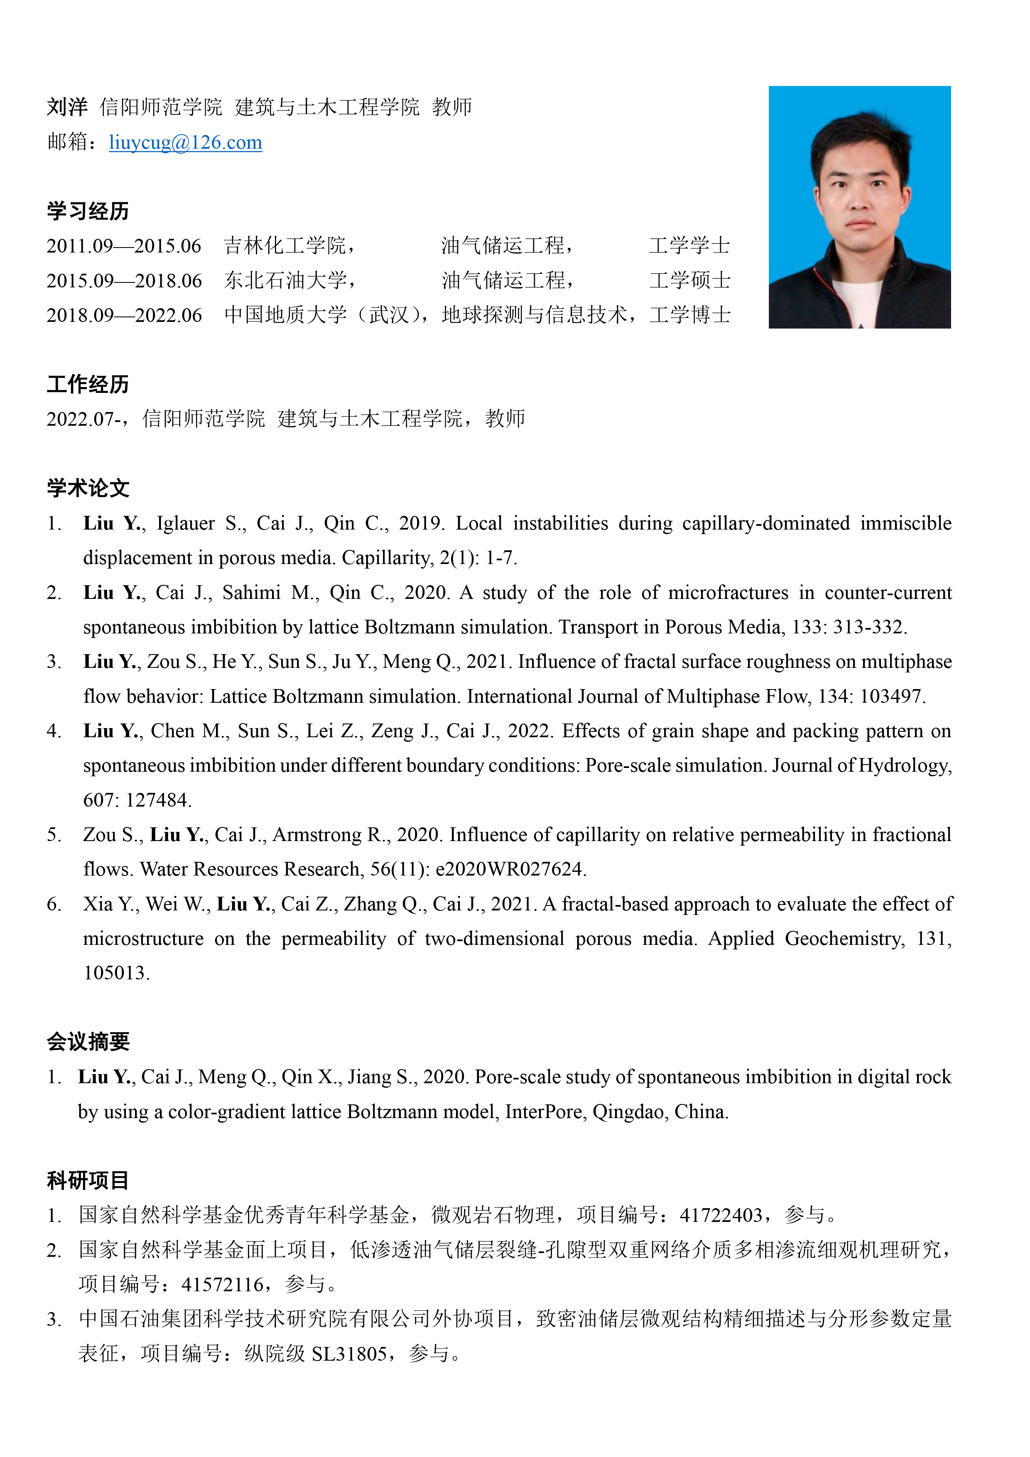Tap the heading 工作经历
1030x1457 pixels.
click(88, 384)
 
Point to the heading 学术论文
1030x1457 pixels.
click(88, 488)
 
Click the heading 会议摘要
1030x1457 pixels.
click(88, 1041)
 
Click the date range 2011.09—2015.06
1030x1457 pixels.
click(124, 245)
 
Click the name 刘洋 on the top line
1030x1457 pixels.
click(67, 107)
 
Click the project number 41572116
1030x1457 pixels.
click(223, 1284)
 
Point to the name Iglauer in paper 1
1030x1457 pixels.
click(185, 523)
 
